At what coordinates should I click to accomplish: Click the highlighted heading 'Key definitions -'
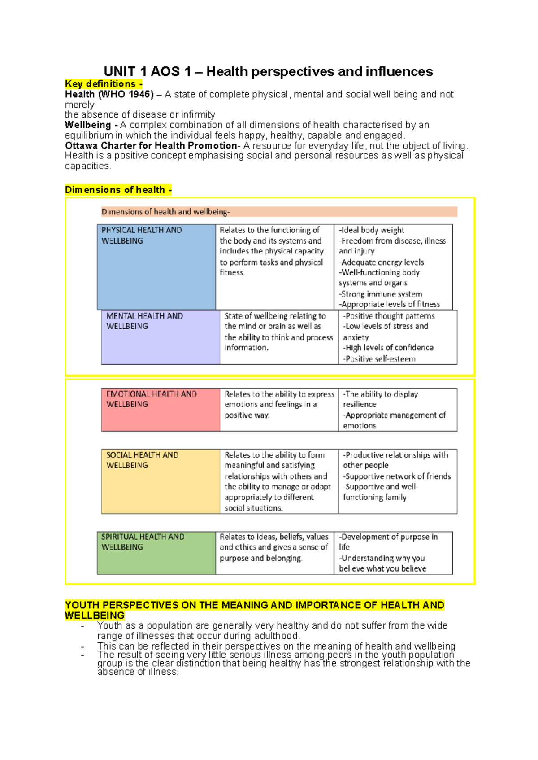pos(103,84)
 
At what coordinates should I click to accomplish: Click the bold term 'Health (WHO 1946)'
pos(109,94)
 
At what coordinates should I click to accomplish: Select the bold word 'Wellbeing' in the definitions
pos(88,125)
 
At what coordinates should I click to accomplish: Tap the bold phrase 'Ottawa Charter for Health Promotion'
pos(151,145)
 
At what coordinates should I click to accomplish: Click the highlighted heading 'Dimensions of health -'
pos(118,190)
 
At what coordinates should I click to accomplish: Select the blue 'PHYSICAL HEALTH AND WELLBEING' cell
pos(156,267)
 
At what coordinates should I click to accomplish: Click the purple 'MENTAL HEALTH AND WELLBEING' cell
pos(161,337)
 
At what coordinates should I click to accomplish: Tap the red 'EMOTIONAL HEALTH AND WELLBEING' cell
pos(161,410)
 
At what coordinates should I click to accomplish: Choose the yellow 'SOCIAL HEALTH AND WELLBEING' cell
pos(161,481)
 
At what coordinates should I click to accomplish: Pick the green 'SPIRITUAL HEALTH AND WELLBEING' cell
pos(156,553)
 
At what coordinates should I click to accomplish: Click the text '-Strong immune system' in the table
pos(381,294)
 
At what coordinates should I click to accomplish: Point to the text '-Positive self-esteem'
pos(379,359)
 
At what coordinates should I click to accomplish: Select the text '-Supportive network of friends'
pos(397,476)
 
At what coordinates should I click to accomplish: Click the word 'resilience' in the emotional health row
pos(360,404)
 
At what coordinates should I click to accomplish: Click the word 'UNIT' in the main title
pos(119,71)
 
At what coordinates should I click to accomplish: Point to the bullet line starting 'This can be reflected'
pos(276,646)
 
